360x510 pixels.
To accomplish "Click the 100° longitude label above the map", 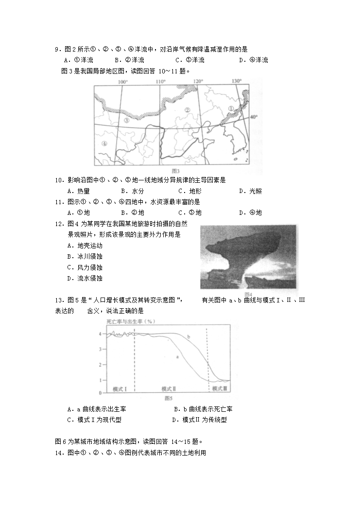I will (122, 82).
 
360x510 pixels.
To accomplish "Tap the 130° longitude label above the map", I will (237, 81).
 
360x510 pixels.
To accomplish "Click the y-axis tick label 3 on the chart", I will (100, 349).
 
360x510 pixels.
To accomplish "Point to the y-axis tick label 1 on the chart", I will (100, 380).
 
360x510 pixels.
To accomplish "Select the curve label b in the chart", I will (188, 336).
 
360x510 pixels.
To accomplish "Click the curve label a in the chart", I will (177, 356).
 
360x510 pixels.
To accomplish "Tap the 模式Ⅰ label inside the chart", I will (120, 389).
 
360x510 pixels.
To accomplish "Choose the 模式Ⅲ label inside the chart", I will (220, 389).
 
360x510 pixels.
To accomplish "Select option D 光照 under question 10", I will (250, 191).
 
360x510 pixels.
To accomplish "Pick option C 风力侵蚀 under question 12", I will (85, 267).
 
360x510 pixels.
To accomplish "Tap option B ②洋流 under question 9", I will (129, 60).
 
